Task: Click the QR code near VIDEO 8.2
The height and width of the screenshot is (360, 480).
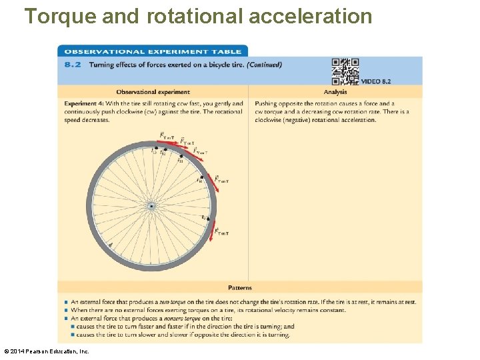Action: (345, 71)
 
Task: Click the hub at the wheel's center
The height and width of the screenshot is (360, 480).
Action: (152, 207)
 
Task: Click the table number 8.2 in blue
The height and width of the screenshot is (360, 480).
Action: (72, 65)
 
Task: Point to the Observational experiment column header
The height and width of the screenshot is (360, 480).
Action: (153, 91)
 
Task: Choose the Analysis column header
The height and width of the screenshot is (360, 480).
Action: (335, 91)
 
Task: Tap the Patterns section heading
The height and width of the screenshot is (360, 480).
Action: (240, 287)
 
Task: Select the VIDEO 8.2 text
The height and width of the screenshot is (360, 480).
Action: (376, 81)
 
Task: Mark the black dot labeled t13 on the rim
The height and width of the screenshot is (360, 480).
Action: (156, 149)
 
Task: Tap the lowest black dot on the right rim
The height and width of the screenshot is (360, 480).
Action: (208, 219)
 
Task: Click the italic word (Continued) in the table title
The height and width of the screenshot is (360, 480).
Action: (264, 65)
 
